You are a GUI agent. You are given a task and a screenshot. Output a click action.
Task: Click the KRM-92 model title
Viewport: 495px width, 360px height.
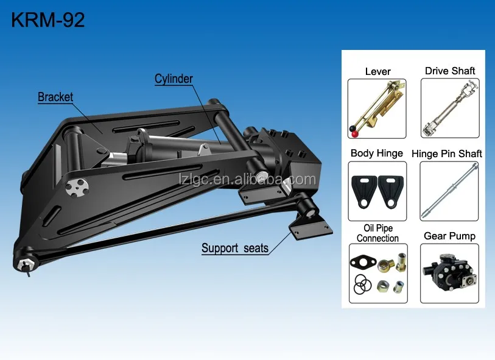tap(48, 20)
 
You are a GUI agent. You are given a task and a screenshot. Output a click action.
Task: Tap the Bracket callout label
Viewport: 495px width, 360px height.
tap(55, 97)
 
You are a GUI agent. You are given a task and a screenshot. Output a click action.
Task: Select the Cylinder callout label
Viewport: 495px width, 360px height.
tap(174, 79)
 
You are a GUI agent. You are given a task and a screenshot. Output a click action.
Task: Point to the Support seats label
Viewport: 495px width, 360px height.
tap(235, 248)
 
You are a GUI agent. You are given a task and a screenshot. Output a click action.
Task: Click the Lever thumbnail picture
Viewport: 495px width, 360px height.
tap(377, 108)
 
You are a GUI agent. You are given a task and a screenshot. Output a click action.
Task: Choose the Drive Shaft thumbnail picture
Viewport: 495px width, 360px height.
tap(449, 108)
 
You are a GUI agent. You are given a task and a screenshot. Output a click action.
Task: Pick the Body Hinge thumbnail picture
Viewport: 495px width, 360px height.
tap(377, 191)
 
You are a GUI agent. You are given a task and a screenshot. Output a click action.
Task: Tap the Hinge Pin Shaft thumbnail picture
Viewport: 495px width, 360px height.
tap(449, 191)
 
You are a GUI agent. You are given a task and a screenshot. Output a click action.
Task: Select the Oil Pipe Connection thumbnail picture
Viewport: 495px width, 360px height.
tap(377, 273)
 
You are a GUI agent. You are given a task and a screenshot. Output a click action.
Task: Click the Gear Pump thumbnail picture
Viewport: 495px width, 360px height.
tap(449, 273)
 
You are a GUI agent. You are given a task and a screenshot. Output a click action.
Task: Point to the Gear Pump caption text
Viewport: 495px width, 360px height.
tap(449, 236)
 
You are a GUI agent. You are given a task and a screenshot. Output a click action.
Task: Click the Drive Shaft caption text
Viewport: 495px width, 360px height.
tap(450, 71)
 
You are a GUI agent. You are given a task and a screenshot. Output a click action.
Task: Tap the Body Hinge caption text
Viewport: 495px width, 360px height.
tap(377, 154)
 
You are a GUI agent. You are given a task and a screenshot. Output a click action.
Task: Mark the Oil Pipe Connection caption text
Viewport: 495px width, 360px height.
tap(377, 233)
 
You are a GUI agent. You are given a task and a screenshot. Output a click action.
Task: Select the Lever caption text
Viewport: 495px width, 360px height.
tap(377, 71)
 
